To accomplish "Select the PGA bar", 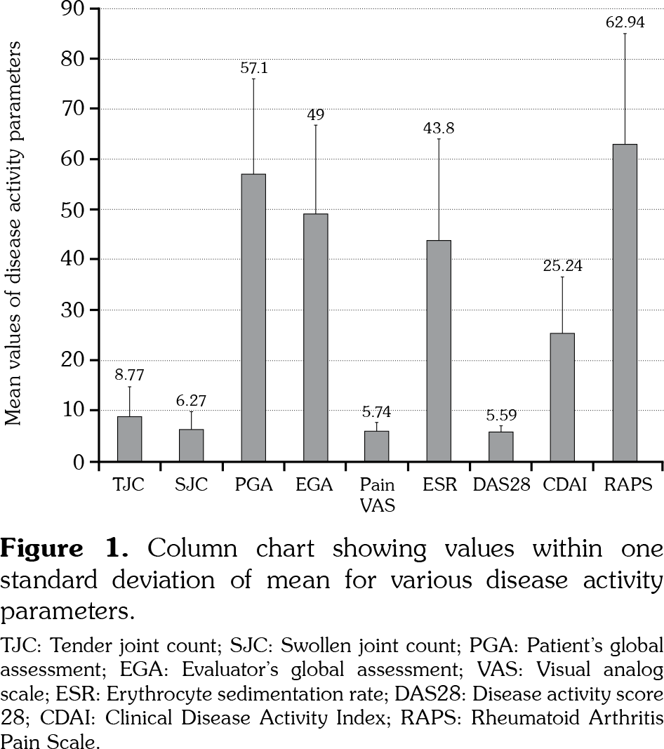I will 253,317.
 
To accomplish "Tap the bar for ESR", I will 439,351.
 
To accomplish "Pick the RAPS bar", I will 625,303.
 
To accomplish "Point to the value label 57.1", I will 253,68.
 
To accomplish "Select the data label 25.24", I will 562,266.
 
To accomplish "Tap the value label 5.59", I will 500,415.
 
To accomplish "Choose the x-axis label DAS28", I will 500,485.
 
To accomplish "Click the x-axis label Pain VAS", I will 377,494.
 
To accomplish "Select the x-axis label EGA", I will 315,485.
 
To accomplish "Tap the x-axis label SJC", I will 191,485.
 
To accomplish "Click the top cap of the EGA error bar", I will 315,125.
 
